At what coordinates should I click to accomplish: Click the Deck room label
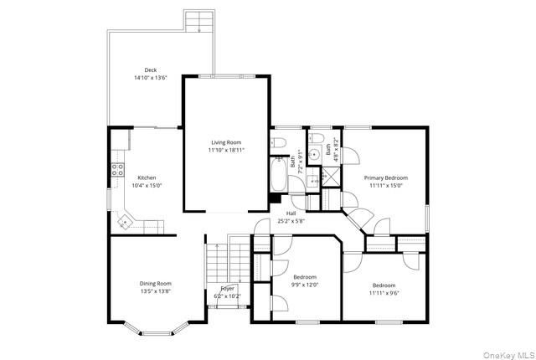pyautogui.click(x=151, y=70)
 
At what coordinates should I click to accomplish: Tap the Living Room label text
pyautogui.click(x=226, y=142)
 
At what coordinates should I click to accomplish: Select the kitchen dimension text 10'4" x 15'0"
pyautogui.click(x=147, y=186)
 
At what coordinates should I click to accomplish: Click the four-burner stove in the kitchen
pyautogui.click(x=117, y=170)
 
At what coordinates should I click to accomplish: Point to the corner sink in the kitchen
pyautogui.click(x=125, y=222)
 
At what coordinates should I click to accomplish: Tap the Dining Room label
pyautogui.click(x=156, y=284)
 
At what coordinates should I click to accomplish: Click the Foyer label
pyautogui.click(x=227, y=289)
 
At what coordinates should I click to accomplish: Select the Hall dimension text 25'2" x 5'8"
pyautogui.click(x=291, y=221)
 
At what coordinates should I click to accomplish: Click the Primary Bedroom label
pyautogui.click(x=385, y=178)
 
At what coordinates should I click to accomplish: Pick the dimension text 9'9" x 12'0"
pyautogui.click(x=305, y=285)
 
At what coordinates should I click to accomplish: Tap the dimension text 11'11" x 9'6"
pyautogui.click(x=384, y=293)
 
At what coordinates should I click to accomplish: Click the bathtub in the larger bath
pyautogui.click(x=279, y=174)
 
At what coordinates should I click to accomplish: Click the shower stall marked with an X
pyautogui.click(x=332, y=177)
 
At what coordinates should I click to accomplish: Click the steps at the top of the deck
pyautogui.click(x=199, y=21)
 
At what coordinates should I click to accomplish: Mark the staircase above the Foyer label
pyautogui.click(x=227, y=262)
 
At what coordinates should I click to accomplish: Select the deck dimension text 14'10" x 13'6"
pyautogui.click(x=151, y=78)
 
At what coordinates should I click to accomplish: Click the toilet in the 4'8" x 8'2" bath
pyautogui.click(x=317, y=138)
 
